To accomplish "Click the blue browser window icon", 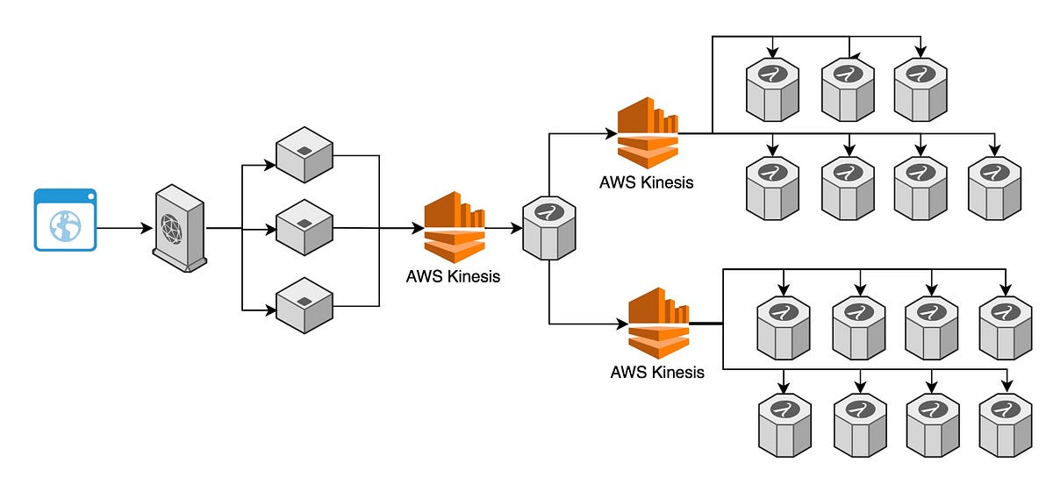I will (65, 220).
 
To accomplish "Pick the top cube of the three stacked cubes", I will (304, 156).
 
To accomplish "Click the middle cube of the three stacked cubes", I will (304, 228).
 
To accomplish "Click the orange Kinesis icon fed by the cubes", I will (454, 228).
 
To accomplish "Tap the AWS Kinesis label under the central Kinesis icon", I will (453, 276).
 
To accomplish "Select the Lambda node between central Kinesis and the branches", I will (548, 227).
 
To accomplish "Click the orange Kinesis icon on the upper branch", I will (648, 133).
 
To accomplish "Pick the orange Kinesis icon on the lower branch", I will (658, 323).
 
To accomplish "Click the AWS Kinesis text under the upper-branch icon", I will (646, 183).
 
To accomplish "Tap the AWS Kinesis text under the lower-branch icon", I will (657, 372).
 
